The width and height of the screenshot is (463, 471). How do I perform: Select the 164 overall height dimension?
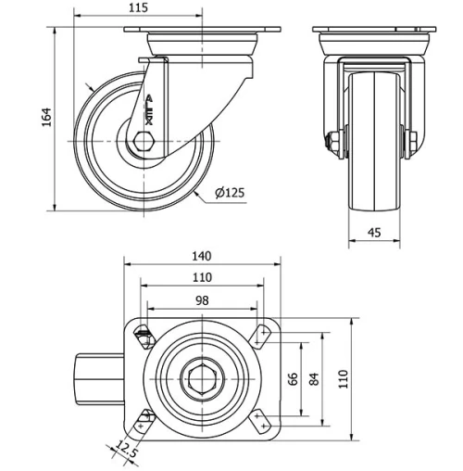click(46, 118)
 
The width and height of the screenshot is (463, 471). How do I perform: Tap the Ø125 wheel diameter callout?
click(229, 193)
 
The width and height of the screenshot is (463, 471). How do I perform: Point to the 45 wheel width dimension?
click(374, 233)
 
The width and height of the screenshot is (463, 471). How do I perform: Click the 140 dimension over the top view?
click(202, 256)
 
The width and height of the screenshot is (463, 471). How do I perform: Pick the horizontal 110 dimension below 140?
click(202, 277)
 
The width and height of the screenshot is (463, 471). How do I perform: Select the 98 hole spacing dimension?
click(202, 299)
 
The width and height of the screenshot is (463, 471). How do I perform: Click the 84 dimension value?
click(314, 379)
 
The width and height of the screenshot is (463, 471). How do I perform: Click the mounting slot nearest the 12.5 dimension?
click(144, 423)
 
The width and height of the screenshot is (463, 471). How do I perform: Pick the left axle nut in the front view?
click(332, 141)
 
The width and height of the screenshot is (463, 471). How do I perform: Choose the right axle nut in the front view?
click(411, 141)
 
